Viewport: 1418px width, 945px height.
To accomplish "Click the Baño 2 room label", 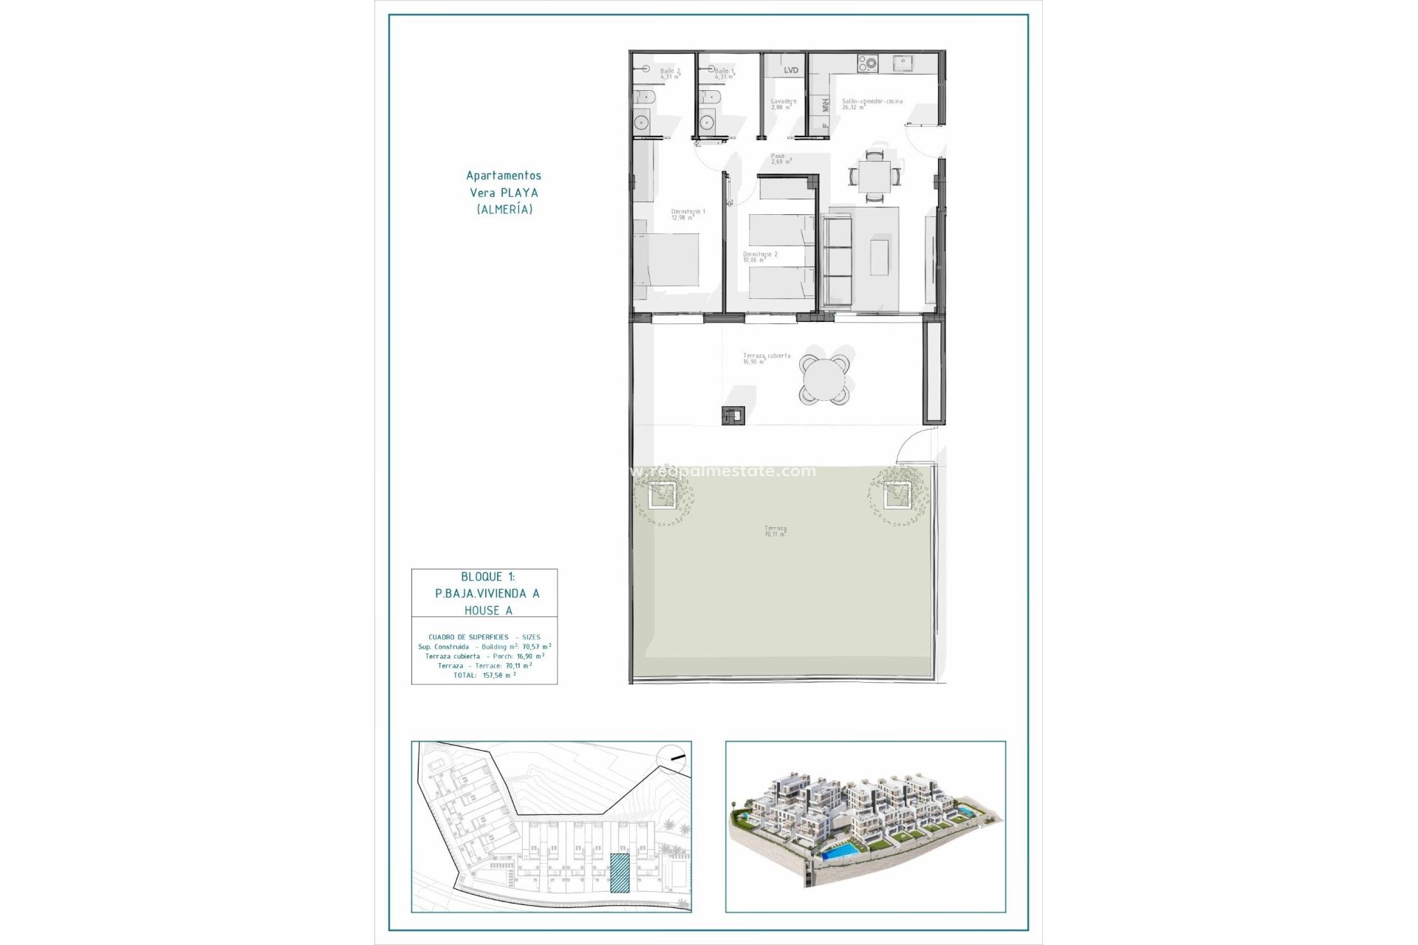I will [670, 73].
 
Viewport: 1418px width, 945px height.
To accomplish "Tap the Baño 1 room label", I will [724, 73].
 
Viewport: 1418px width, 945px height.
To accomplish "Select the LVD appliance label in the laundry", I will [790, 71].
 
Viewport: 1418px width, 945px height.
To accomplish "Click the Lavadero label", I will [783, 104].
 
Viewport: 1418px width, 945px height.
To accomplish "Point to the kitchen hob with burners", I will [867, 63].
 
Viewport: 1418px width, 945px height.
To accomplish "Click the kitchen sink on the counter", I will [902, 63].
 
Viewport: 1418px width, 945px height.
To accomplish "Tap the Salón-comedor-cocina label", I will [871, 104].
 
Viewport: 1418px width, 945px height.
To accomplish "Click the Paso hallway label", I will [781, 159].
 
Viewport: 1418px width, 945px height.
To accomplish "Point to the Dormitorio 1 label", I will [688, 214].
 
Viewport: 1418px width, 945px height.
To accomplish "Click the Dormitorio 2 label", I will [759, 257].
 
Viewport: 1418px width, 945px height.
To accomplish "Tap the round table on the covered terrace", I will [823, 379].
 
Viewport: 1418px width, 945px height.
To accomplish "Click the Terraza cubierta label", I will [766, 358].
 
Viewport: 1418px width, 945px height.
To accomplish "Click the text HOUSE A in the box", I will [488, 611].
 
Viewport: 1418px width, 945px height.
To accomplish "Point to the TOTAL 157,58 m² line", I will [484, 676].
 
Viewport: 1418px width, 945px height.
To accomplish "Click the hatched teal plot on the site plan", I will [620, 873].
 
